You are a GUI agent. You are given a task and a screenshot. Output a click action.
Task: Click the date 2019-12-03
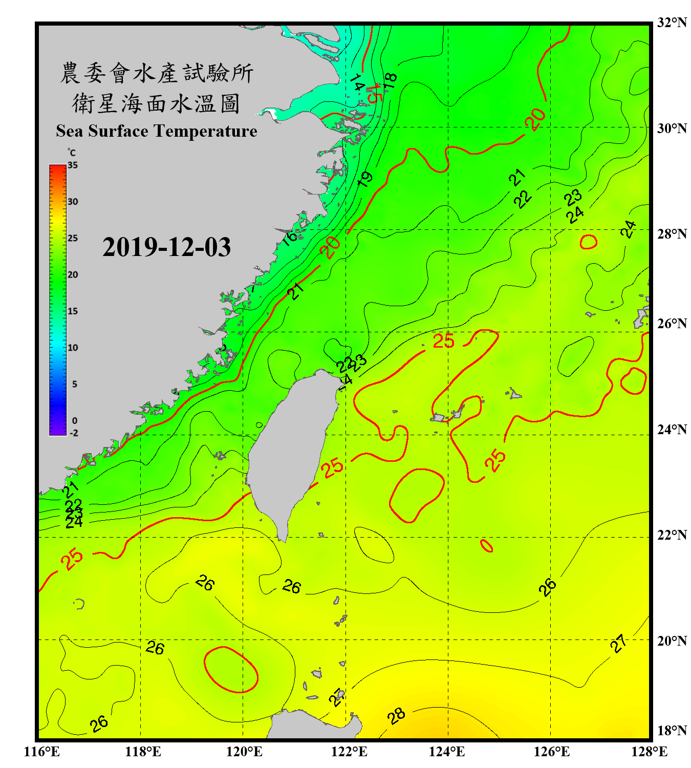[166, 247]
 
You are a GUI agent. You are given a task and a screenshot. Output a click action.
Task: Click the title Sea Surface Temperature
[156, 131]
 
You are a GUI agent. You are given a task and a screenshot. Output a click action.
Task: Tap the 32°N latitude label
[672, 23]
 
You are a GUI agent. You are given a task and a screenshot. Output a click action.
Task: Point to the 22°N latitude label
[672, 535]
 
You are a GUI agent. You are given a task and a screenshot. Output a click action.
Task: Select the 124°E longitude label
[447, 752]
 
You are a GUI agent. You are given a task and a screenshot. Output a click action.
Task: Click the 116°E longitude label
[42, 752]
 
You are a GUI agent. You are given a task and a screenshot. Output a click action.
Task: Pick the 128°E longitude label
[649, 752]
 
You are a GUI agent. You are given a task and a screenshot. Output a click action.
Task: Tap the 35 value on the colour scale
[73, 165]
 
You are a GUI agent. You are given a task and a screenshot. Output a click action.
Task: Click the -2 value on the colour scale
[74, 433]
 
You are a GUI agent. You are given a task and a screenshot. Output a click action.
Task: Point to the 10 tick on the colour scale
[73, 348]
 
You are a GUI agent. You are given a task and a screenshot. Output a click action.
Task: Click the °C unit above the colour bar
[72, 153]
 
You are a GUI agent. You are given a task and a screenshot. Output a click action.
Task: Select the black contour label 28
[396, 716]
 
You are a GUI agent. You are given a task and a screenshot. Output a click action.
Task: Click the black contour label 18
[390, 80]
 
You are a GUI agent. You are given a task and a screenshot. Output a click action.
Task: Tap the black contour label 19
[365, 179]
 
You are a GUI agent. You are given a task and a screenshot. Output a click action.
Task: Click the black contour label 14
[357, 82]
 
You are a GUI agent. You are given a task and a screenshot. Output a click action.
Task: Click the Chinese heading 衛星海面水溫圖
[156, 103]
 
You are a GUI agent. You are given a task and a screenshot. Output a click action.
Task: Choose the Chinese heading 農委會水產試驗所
[156, 73]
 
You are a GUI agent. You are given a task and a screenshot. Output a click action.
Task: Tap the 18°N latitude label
[672, 731]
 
